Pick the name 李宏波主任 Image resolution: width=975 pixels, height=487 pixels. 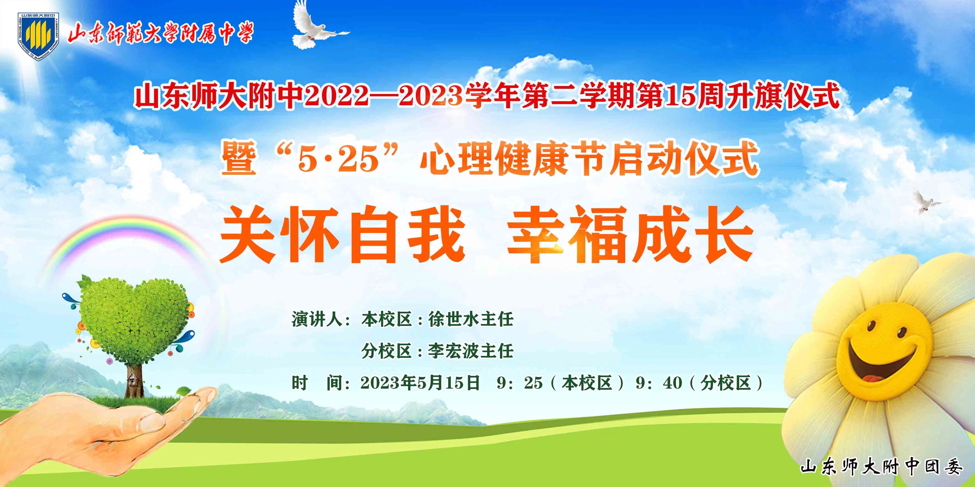coord(471,351)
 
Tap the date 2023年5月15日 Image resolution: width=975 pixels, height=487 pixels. coord(420,383)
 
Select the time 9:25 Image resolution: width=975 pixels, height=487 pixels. coord(520,383)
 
